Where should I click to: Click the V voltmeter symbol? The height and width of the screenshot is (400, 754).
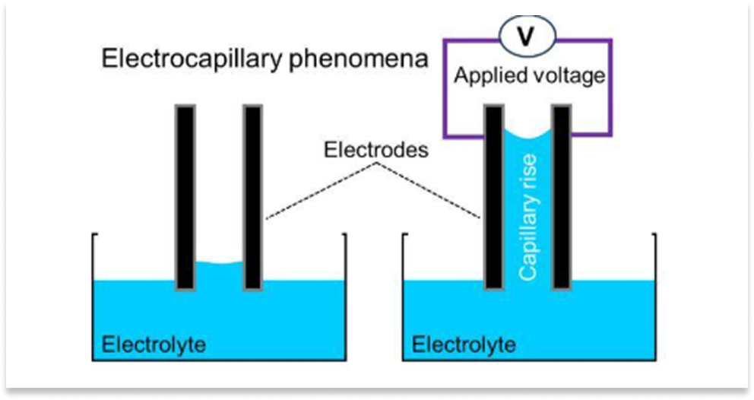point(527,35)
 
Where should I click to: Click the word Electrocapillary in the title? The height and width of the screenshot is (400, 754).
point(192,59)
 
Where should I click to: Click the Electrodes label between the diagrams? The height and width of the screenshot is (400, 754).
point(376,150)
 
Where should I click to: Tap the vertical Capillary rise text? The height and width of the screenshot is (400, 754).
point(527,217)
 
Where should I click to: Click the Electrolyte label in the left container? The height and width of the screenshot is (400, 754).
point(154,344)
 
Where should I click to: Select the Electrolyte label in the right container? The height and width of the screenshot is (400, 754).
point(464,344)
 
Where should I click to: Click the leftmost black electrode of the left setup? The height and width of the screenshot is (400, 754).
point(185,198)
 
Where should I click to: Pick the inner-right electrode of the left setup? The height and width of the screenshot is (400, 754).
point(253,198)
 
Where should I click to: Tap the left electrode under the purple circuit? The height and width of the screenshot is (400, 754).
point(494,198)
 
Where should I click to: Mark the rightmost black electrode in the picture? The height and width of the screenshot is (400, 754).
point(561,198)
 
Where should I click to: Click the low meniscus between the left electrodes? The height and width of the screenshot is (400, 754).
point(219,262)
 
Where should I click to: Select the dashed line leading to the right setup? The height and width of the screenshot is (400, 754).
point(429,191)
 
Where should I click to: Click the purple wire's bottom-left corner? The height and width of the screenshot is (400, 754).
point(445,136)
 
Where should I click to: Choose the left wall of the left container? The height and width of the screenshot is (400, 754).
point(93,297)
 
